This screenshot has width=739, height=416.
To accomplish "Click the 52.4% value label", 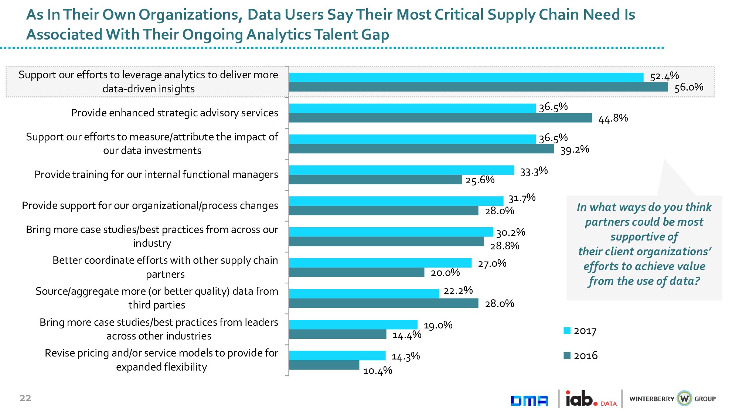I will (664, 76).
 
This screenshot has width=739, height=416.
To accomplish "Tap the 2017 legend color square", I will (567, 331).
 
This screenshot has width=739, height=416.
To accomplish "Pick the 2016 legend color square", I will (567, 355).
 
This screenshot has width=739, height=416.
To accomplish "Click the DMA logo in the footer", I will (529, 400).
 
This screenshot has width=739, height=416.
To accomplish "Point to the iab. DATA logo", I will (590, 399).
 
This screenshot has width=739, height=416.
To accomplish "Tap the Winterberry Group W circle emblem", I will (684, 399).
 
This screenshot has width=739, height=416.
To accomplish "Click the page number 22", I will (25, 398).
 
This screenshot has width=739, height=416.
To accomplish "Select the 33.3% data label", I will (534, 171).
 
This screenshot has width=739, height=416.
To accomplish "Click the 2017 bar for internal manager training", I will (401, 170).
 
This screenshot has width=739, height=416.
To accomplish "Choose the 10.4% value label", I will (377, 371).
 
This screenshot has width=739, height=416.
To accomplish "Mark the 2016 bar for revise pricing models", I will (324, 365).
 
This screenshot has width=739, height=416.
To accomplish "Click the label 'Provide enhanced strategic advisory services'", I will (174, 113).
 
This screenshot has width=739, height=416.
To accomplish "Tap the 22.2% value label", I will (458, 291).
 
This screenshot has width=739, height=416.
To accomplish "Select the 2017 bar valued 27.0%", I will (380, 263).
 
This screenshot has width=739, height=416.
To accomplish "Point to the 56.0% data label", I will (689, 88).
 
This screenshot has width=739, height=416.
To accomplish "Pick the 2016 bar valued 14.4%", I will (338, 334).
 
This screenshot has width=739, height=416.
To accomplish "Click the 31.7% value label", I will (522, 198).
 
